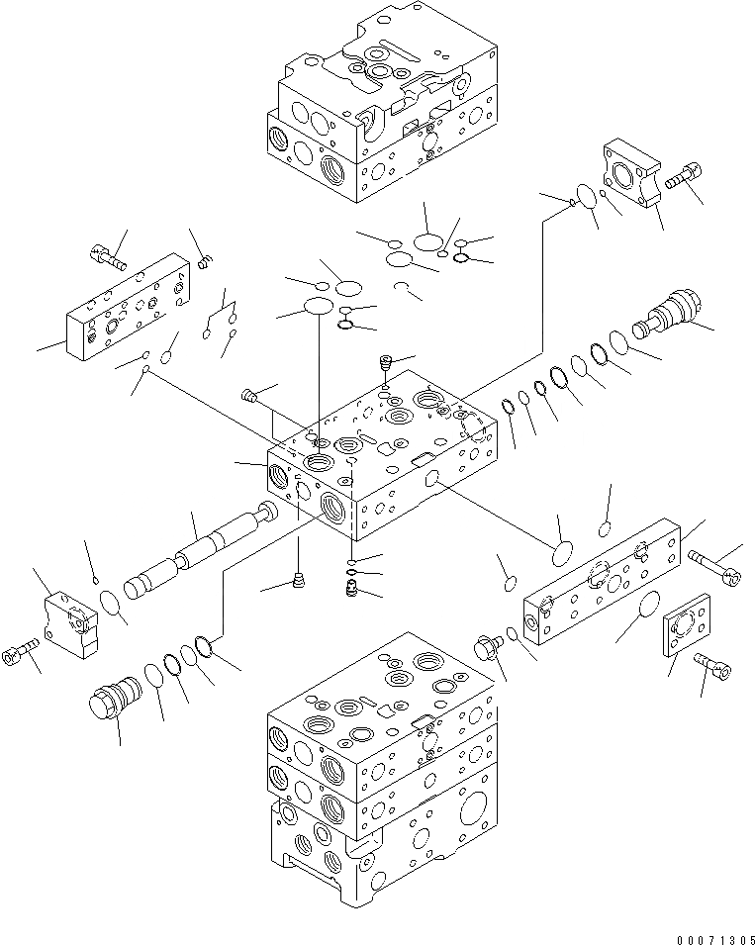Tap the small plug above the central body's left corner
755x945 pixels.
point(251,398)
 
